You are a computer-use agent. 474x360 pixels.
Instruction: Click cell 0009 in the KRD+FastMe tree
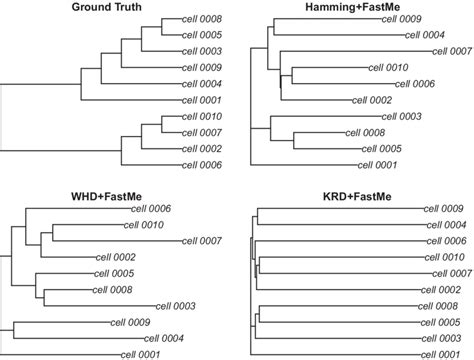click(x=445, y=208)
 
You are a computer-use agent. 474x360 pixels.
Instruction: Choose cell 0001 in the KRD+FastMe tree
click(x=445, y=353)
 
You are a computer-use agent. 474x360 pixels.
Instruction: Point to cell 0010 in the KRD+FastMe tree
click(x=445, y=257)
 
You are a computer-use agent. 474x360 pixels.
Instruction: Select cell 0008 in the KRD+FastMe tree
click(x=445, y=305)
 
